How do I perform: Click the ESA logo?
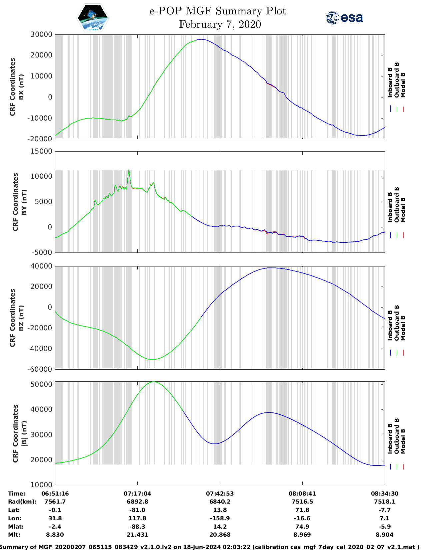344,18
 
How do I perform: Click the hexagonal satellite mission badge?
93,18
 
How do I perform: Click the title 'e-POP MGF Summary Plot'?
218,11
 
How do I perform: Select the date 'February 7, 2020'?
220,24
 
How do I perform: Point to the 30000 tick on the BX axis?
41,34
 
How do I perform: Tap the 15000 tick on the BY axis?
41,151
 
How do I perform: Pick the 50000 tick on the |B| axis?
41,384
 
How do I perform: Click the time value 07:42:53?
220,494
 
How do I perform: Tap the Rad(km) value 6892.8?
137,502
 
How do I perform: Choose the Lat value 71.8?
302,510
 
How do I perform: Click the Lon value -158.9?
220,518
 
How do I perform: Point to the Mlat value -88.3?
137,527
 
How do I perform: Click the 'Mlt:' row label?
14,535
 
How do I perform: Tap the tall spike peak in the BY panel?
129,170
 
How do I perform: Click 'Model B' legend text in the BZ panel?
403,328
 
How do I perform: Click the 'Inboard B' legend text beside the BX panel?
390,82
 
